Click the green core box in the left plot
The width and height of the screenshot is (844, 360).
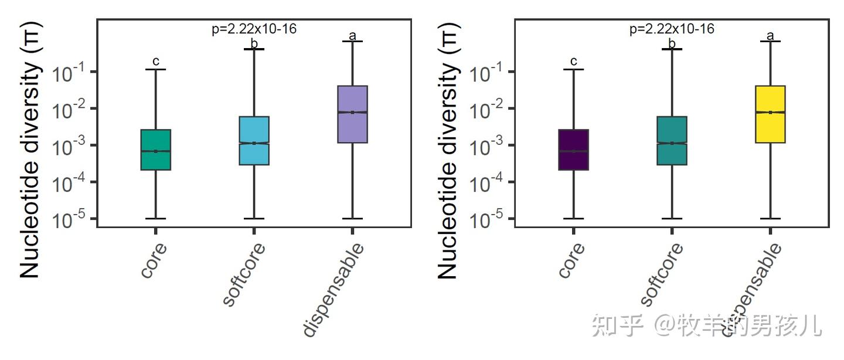pos(156,150)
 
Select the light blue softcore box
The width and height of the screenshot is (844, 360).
pos(254,141)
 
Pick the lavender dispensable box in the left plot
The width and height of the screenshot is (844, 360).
pos(352,114)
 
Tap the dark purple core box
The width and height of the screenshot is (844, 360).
pos(574,150)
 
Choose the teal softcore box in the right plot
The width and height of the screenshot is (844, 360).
pos(672,141)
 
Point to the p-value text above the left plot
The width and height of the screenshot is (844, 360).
pos(254,29)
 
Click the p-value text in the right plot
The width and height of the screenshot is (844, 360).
pos(672,29)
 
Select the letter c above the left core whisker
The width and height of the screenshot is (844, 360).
pos(156,61)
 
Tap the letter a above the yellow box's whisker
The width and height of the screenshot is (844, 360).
pos(770,35)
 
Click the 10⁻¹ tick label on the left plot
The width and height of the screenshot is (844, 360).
pos(67,73)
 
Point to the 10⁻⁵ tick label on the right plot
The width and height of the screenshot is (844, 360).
pos(485,220)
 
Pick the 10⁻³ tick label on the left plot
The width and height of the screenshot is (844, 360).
pos(67,147)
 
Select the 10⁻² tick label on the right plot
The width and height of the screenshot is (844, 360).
pos(485,110)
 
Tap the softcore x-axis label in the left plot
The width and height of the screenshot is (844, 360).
pos(244,274)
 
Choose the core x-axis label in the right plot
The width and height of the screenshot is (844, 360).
pos(571,259)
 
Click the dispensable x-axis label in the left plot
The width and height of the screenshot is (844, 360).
pos(334,290)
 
